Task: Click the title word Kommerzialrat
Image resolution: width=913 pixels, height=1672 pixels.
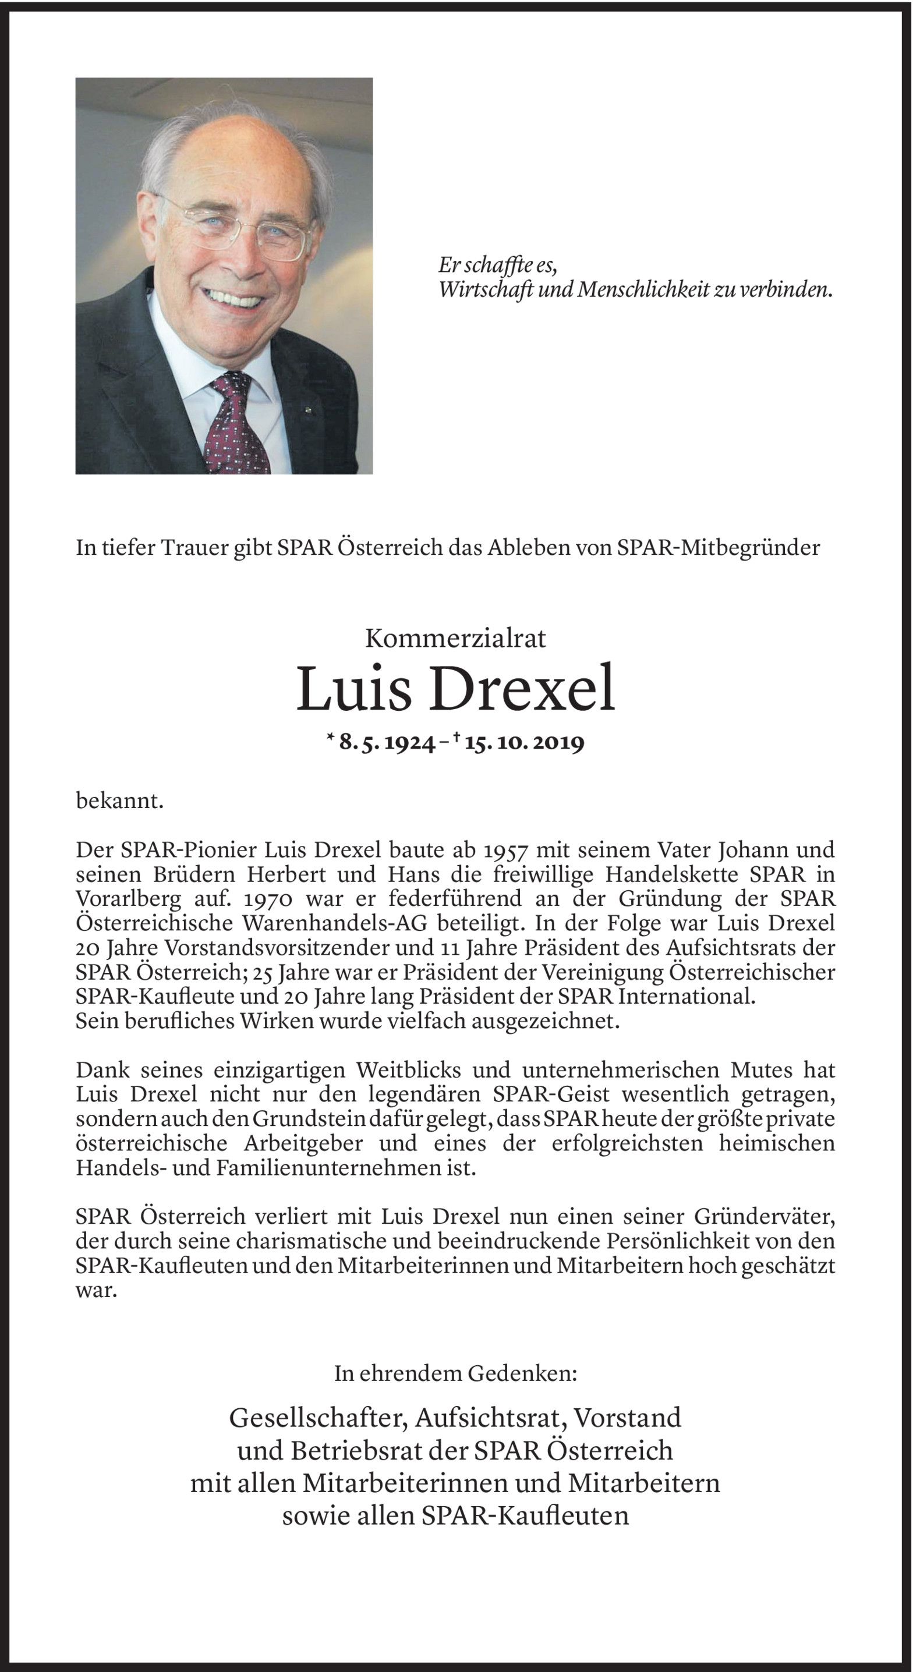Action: (x=455, y=639)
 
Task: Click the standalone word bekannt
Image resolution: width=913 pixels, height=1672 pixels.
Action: (x=119, y=801)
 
